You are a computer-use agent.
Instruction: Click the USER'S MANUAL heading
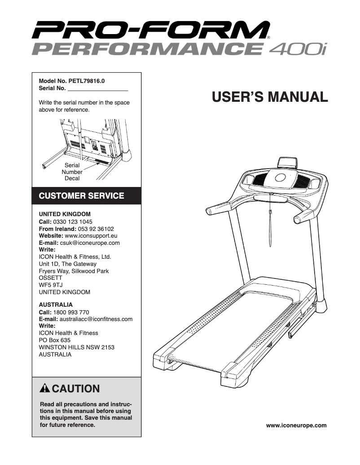pos(270,96)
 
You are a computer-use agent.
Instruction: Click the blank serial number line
pos(97,89)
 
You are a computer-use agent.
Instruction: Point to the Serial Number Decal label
pos(72,172)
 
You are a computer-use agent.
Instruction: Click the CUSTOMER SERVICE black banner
pos(82,196)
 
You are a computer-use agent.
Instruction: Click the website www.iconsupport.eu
pos(91,236)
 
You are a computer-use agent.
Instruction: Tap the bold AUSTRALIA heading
pos(56,305)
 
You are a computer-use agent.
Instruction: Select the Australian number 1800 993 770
pos(71,312)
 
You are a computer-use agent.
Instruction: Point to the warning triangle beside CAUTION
pos(44,388)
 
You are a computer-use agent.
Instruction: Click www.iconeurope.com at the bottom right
pos(296,425)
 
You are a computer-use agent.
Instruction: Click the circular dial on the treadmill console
pos(280,178)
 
